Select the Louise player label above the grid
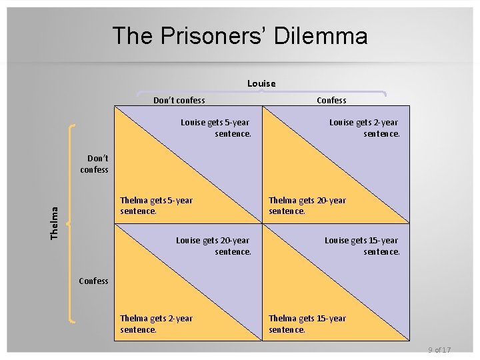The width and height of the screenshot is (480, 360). (261, 83)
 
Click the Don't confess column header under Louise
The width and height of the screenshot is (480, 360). (179, 101)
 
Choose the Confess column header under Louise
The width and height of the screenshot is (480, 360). (331, 101)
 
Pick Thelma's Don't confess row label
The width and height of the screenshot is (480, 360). (95, 164)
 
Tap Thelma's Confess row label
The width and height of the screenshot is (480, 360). (93, 281)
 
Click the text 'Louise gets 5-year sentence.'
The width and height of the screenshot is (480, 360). (216, 128)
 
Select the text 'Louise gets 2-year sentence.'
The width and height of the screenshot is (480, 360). (365, 128)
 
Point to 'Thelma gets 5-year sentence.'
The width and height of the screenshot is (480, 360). (156, 205)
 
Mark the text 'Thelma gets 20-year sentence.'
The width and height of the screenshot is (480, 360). (307, 205)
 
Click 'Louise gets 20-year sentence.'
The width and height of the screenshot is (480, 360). (213, 246)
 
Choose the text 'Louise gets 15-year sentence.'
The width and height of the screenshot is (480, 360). (362, 246)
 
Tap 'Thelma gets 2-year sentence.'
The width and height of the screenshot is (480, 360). (156, 323)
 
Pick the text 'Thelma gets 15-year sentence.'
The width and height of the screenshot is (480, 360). (307, 323)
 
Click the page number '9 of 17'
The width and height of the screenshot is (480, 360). (439, 350)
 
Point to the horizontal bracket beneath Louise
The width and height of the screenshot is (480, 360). (261, 92)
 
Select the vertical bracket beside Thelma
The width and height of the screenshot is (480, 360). (71, 223)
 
